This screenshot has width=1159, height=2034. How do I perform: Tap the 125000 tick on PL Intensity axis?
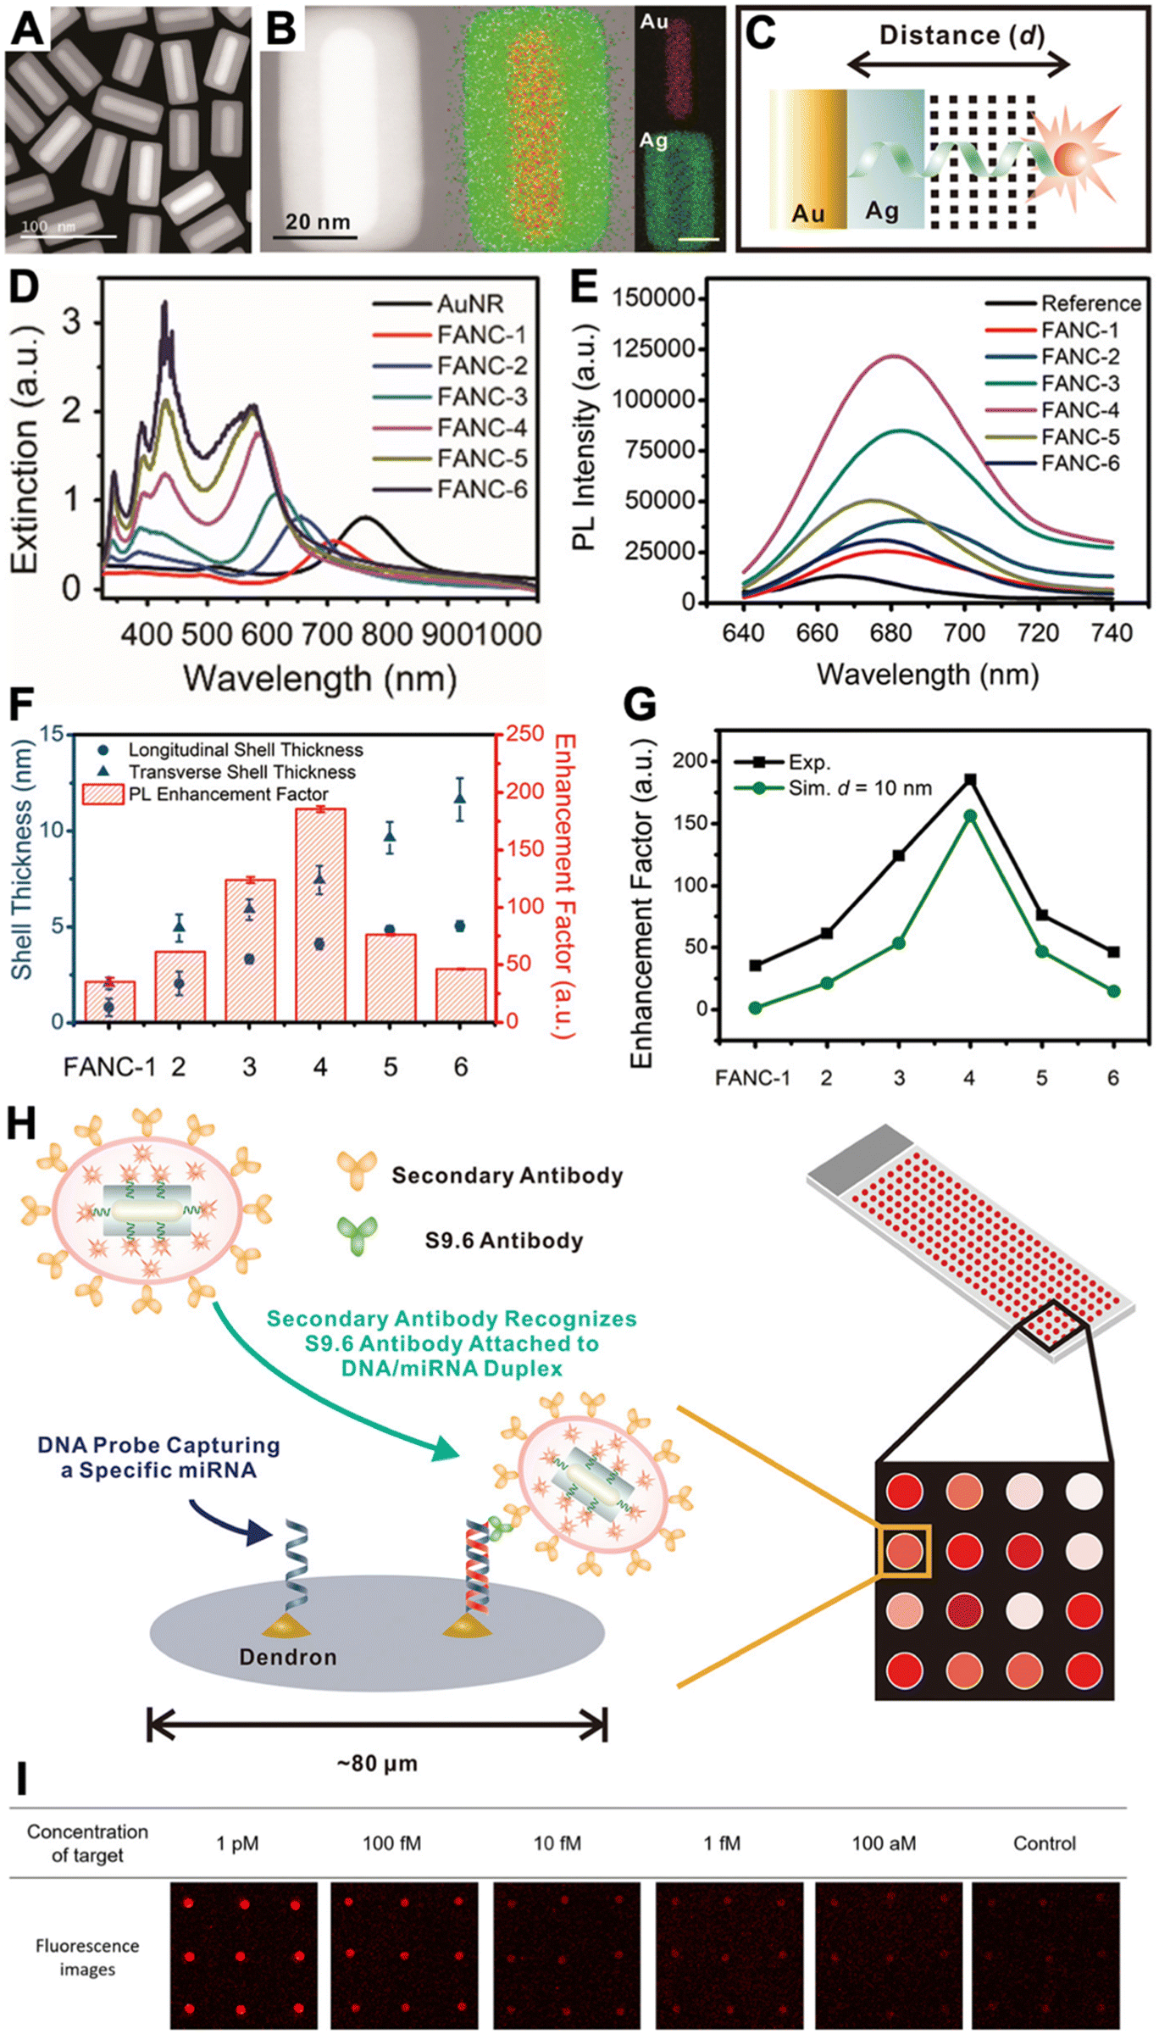click(x=653, y=348)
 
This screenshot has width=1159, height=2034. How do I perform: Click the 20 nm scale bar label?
click(x=318, y=222)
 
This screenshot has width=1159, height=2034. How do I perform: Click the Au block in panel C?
click(x=808, y=161)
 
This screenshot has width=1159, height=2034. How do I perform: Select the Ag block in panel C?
click(x=884, y=161)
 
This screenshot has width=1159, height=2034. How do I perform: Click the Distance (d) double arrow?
click(x=959, y=64)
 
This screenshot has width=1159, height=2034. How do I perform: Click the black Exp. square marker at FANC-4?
click(x=970, y=780)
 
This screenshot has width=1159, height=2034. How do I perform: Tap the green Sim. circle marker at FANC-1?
click(x=755, y=1008)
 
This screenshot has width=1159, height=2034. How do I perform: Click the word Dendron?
click(x=288, y=1657)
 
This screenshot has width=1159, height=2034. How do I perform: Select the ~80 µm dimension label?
click(x=377, y=1764)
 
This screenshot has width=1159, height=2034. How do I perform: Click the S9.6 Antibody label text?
click(x=504, y=1241)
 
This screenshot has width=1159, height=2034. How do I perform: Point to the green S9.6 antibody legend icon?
click(x=358, y=1237)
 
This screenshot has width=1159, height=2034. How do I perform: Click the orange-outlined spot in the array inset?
click(x=905, y=1551)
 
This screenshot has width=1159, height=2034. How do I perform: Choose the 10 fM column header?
click(x=557, y=1843)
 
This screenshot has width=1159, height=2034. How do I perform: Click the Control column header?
click(x=1045, y=1843)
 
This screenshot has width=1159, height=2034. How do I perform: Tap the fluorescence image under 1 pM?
click(x=243, y=1955)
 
